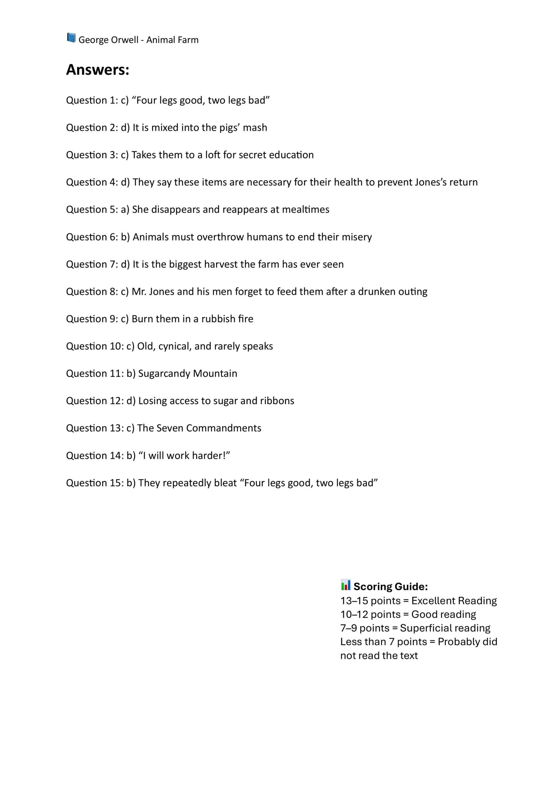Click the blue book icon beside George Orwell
pyautogui.click(x=71, y=38)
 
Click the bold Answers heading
pyautogui.click(x=97, y=70)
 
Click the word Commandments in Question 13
pyautogui.click(x=223, y=428)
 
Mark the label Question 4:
pyautogui.click(x=92, y=182)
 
